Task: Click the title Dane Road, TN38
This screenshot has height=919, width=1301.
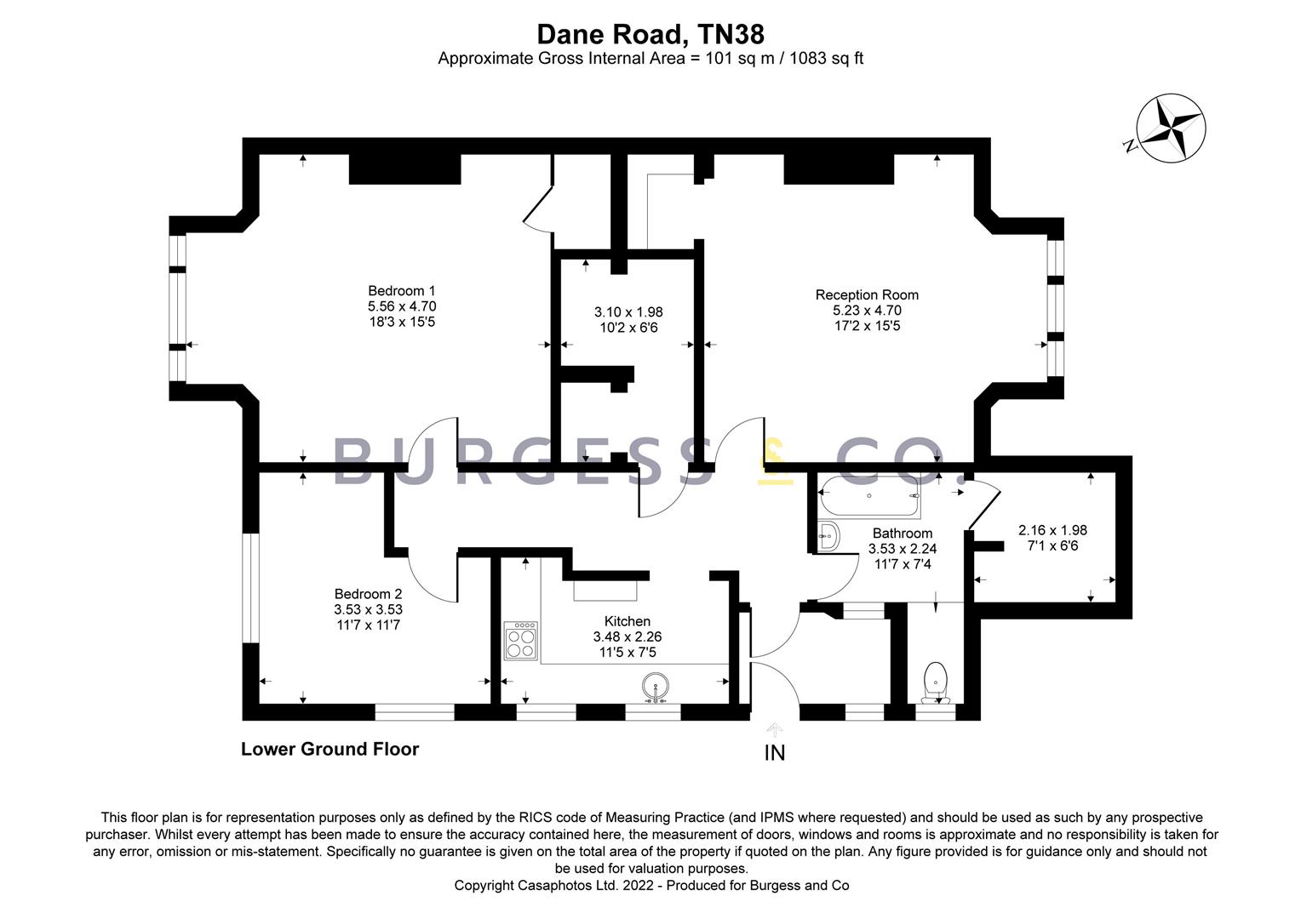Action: tap(650, 34)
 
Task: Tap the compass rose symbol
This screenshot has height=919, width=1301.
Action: tap(1172, 128)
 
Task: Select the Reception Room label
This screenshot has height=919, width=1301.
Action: tap(866, 295)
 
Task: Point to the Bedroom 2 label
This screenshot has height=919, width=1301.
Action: tap(368, 594)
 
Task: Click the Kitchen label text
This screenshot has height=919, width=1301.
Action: tap(627, 621)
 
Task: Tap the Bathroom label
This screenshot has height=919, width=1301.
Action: tap(902, 534)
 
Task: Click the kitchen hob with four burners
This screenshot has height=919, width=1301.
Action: tap(521, 641)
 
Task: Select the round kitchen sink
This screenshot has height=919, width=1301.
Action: tap(654, 687)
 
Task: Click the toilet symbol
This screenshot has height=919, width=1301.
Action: tap(935, 681)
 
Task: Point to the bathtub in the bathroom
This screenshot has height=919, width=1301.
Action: tap(868, 497)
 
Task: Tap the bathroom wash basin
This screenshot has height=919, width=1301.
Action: tap(828, 536)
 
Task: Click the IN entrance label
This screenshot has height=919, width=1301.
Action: tap(774, 753)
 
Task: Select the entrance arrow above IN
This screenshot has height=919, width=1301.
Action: tap(774, 729)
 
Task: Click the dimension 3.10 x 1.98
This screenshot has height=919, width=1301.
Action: tap(628, 312)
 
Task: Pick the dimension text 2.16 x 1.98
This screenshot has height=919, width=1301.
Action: tap(1052, 530)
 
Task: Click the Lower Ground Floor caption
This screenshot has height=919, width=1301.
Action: tap(330, 749)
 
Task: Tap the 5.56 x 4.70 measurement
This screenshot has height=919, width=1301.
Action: tap(401, 306)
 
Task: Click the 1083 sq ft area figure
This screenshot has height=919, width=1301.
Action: tap(827, 59)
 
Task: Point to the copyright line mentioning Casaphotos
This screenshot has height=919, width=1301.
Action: tap(650, 886)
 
